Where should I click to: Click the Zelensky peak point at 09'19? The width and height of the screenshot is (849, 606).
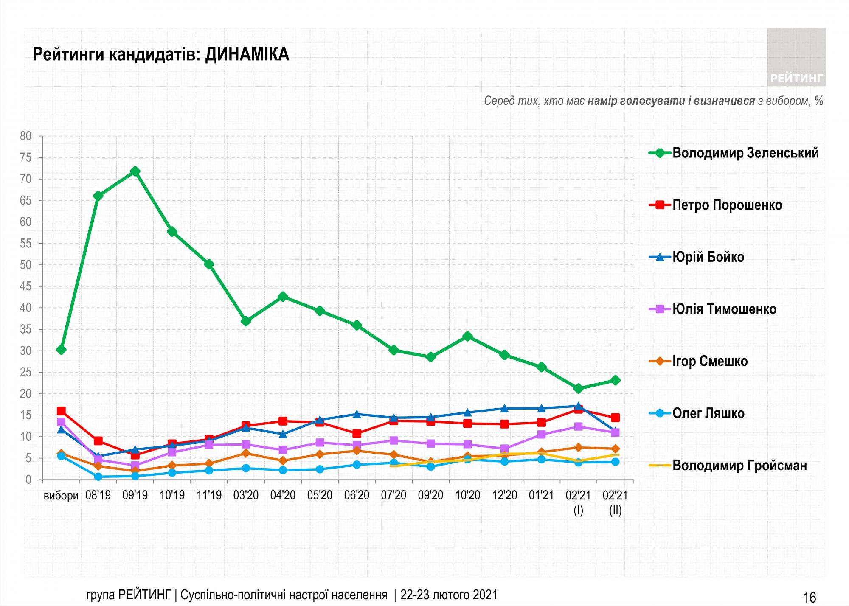coord(135,171)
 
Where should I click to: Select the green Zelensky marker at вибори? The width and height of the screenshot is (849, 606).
coord(61,350)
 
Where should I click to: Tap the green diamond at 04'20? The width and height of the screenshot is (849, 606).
coord(283,297)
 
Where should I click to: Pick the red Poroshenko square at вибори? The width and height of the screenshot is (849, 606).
coord(61,411)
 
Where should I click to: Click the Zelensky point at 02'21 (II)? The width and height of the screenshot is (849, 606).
coord(615,380)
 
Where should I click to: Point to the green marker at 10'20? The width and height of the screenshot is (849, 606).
coord(467,337)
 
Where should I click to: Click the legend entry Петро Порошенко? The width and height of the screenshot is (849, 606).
coord(727,205)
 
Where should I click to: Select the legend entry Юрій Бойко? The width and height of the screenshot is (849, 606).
coord(708,257)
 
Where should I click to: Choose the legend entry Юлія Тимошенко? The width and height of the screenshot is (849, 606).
coord(724,309)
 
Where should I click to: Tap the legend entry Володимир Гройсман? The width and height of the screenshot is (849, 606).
coord(739,466)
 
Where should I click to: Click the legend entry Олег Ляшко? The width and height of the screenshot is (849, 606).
coord(708,413)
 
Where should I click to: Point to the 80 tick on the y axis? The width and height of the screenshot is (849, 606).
coord(26,136)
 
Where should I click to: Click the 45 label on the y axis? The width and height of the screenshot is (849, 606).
coord(26,286)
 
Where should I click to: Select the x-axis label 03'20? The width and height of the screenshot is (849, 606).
coord(246,495)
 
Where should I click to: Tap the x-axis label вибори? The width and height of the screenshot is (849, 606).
coord(61,496)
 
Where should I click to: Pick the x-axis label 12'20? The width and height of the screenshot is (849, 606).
coord(504,495)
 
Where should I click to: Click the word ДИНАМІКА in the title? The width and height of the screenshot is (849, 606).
coord(247,55)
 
